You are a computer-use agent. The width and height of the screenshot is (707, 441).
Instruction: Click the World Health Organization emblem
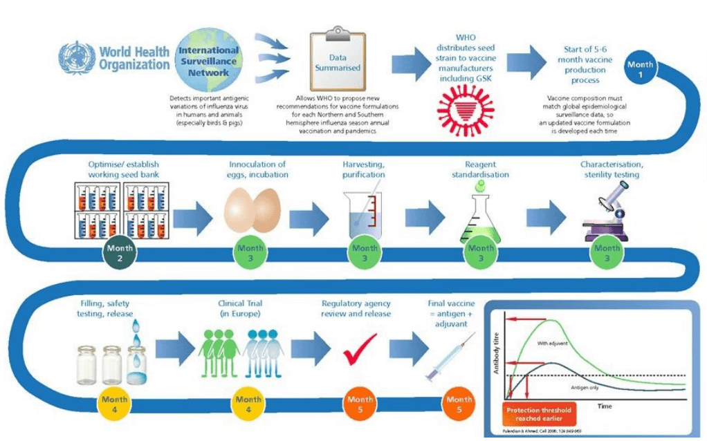point(77,58)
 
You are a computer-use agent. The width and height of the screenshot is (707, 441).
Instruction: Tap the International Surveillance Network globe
point(208,59)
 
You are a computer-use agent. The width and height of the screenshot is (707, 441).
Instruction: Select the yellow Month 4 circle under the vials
point(115,404)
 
